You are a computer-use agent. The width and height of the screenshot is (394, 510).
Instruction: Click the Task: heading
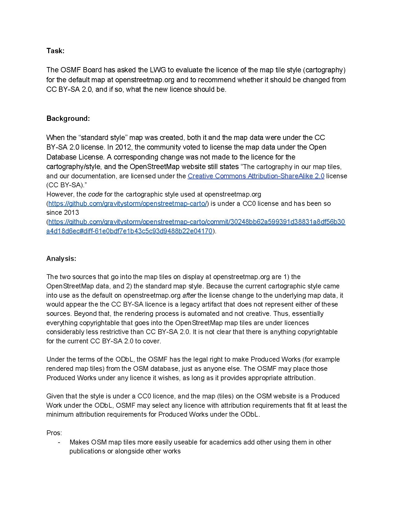click(x=55, y=51)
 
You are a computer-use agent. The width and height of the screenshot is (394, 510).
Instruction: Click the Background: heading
click(x=68, y=119)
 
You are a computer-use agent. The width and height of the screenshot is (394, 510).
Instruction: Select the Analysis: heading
click(x=61, y=259)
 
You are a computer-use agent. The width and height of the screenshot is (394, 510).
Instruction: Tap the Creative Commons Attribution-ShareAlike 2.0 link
click(x=256, y=176)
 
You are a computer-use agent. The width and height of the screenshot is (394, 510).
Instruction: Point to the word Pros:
click(x=54, y=433)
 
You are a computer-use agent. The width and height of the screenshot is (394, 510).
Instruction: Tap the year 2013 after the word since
click(x=71, y=213)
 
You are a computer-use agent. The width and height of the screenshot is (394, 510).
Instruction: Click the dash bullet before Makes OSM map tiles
click(x=59, y=442)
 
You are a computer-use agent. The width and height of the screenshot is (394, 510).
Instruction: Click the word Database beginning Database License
click(x=61, y=157)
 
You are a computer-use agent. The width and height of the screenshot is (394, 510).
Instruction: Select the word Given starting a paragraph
click(x=55, y=396)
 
